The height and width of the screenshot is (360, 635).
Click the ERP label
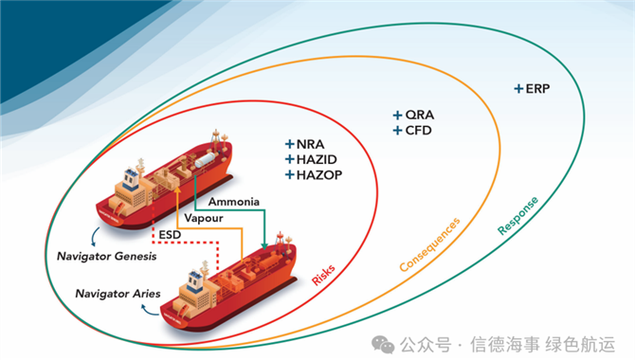(x=537, y=89)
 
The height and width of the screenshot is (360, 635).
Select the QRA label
(x=418, y=115)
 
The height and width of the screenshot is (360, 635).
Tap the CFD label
(x=418, y=130)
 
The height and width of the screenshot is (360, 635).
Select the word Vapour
(x=206, y=217)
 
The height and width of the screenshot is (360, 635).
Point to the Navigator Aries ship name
(x=116, y=293)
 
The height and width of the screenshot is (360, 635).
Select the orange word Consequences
(x=429, y=243)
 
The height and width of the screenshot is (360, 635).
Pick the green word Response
(x=518, y=216)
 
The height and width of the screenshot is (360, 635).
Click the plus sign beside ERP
(x=518, y=89)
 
